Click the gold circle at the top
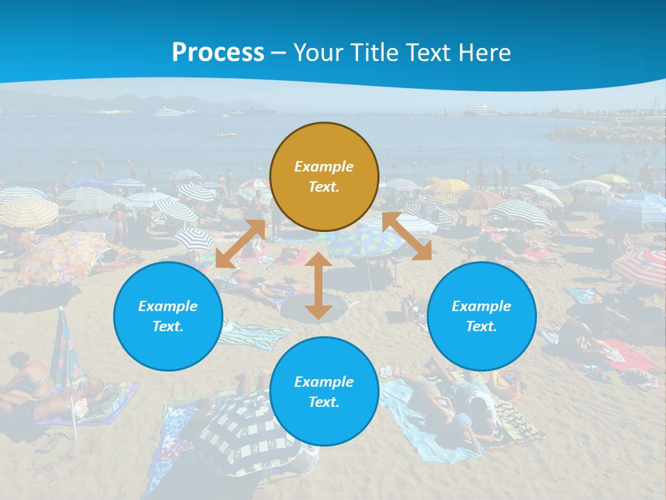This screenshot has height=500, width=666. pos(324,177)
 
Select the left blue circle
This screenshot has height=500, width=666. pos(168,316)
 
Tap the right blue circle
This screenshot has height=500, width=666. pos(481,316)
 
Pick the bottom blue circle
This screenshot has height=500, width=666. pos(324,392)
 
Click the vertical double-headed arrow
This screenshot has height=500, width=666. pos(318,285)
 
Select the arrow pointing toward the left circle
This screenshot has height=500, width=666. pos(240,244)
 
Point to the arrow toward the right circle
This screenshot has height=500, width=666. pos(407,236)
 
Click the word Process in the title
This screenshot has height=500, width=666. pos(218,52)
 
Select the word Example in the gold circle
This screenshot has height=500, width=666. pos(324,167)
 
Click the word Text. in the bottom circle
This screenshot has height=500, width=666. pos(324,402)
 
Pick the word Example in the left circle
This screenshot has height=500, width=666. pos(168,306)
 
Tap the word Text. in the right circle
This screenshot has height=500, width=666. pos(481,326)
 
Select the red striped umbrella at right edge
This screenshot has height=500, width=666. pos(642,267)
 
